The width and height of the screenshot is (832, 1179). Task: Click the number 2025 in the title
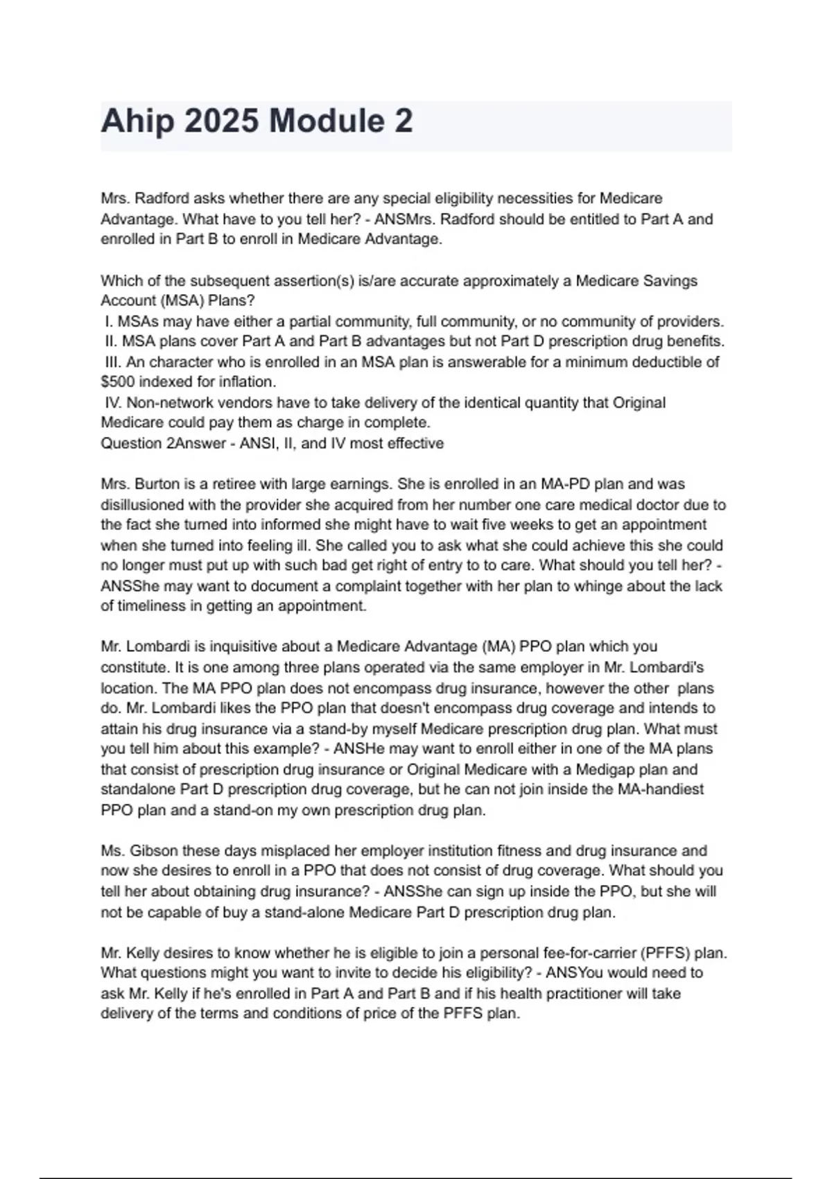(x=221, y=121)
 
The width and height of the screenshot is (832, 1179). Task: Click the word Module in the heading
(x=326, y=121)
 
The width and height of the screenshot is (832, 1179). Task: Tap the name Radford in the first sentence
(x=162, y=198)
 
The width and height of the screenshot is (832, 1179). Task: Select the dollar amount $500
(x=118, y=382)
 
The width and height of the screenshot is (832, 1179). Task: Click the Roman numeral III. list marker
(x=113, y=362)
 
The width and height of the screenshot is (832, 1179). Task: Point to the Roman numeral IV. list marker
(x=113, y=403)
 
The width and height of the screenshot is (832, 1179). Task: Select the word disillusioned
(x=142, y=505)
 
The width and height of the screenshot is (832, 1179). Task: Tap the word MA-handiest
(x=659, y=789)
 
